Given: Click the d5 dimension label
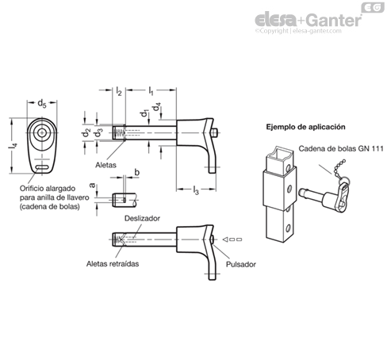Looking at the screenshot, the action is tap(42, 103).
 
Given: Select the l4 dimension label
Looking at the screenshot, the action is tap(13, 146).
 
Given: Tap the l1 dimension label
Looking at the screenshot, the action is tap(151, 90).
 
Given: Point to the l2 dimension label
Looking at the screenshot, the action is tap(119, 91).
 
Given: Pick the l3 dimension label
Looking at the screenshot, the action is tap(196, 190).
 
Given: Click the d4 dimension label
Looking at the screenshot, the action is tap(157, 107).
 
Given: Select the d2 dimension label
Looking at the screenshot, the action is tap(86, 132).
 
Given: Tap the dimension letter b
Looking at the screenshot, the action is tap(137, 172).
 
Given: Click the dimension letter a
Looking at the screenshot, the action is tap(92, 186).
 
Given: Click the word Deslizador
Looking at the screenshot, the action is tap(142, 219).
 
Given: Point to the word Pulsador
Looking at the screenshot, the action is tap(241, 264).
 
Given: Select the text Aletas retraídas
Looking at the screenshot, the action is tap(113, 264).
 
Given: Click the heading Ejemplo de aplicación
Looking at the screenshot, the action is tap(305, 127).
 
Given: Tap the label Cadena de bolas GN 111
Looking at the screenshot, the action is tap(341, 148).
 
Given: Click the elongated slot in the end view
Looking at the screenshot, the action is tap(42, 167).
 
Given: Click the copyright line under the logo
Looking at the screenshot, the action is tap(298, 31).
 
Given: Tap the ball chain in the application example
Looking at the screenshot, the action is tap(339, 169).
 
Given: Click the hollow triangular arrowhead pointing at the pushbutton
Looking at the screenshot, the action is tap(225, 239).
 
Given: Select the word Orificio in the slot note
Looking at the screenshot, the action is tap(32, 189).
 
